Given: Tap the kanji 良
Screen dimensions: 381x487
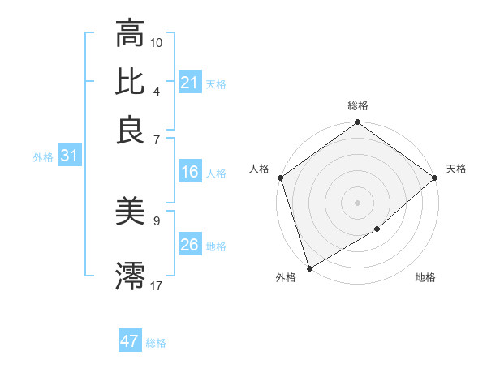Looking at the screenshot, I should tap(131, 130).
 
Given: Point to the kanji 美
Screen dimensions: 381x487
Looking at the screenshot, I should tap(131, 212).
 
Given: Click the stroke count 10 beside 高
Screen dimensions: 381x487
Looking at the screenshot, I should tap(157, 41).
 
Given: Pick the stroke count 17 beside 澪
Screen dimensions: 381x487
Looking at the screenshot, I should tap(157, 285).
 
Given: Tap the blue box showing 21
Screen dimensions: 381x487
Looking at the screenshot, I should tap(190, 83).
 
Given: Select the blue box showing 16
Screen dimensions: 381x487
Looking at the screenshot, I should tap(190, 172).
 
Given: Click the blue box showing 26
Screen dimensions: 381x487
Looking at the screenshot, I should tap(190, 245).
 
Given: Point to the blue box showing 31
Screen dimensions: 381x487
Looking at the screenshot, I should tap(69, 156).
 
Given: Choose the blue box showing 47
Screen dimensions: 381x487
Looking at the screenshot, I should tap(130, 341).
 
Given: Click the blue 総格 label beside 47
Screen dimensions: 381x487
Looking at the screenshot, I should tap(156, 343).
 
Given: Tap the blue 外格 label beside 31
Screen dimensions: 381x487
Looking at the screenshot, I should tap(43, 157).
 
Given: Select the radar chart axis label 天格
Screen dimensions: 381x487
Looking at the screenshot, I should tap(456, 169).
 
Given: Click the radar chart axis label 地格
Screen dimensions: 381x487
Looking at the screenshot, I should tap(425, 278).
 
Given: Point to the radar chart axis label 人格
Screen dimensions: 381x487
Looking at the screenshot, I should tap(259, 169).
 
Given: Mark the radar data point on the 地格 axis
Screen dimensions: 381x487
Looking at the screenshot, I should tap(377, 229).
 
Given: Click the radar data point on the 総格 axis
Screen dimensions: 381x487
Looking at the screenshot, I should tap(358, 123).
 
